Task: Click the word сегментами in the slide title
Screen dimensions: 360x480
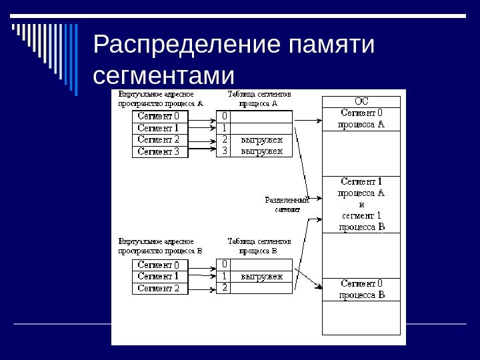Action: pos(165,74)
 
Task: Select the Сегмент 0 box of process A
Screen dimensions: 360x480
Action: pos(159,115)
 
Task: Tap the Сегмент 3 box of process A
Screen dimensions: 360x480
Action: pos(159,151)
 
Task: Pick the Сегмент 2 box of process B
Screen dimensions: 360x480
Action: pos(159,288)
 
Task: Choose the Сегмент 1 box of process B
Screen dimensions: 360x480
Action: pos(159,276)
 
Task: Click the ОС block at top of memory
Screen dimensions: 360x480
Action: pos(361,101)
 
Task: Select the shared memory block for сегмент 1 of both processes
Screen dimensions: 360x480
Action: pos(361,204)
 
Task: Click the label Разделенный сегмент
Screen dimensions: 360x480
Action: pos(287,204)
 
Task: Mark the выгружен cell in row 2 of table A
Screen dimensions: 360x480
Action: pos(262,140)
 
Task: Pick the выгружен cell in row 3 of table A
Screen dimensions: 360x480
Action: pos(262,151)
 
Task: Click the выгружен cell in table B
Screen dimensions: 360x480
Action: pos(262,276)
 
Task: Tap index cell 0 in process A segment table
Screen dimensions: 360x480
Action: pos(225,116)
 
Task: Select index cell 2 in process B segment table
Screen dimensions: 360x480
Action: pos(225,288)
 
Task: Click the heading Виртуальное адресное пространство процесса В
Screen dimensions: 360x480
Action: pos(161,246)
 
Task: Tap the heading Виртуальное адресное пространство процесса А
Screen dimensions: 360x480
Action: pos(161,99)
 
